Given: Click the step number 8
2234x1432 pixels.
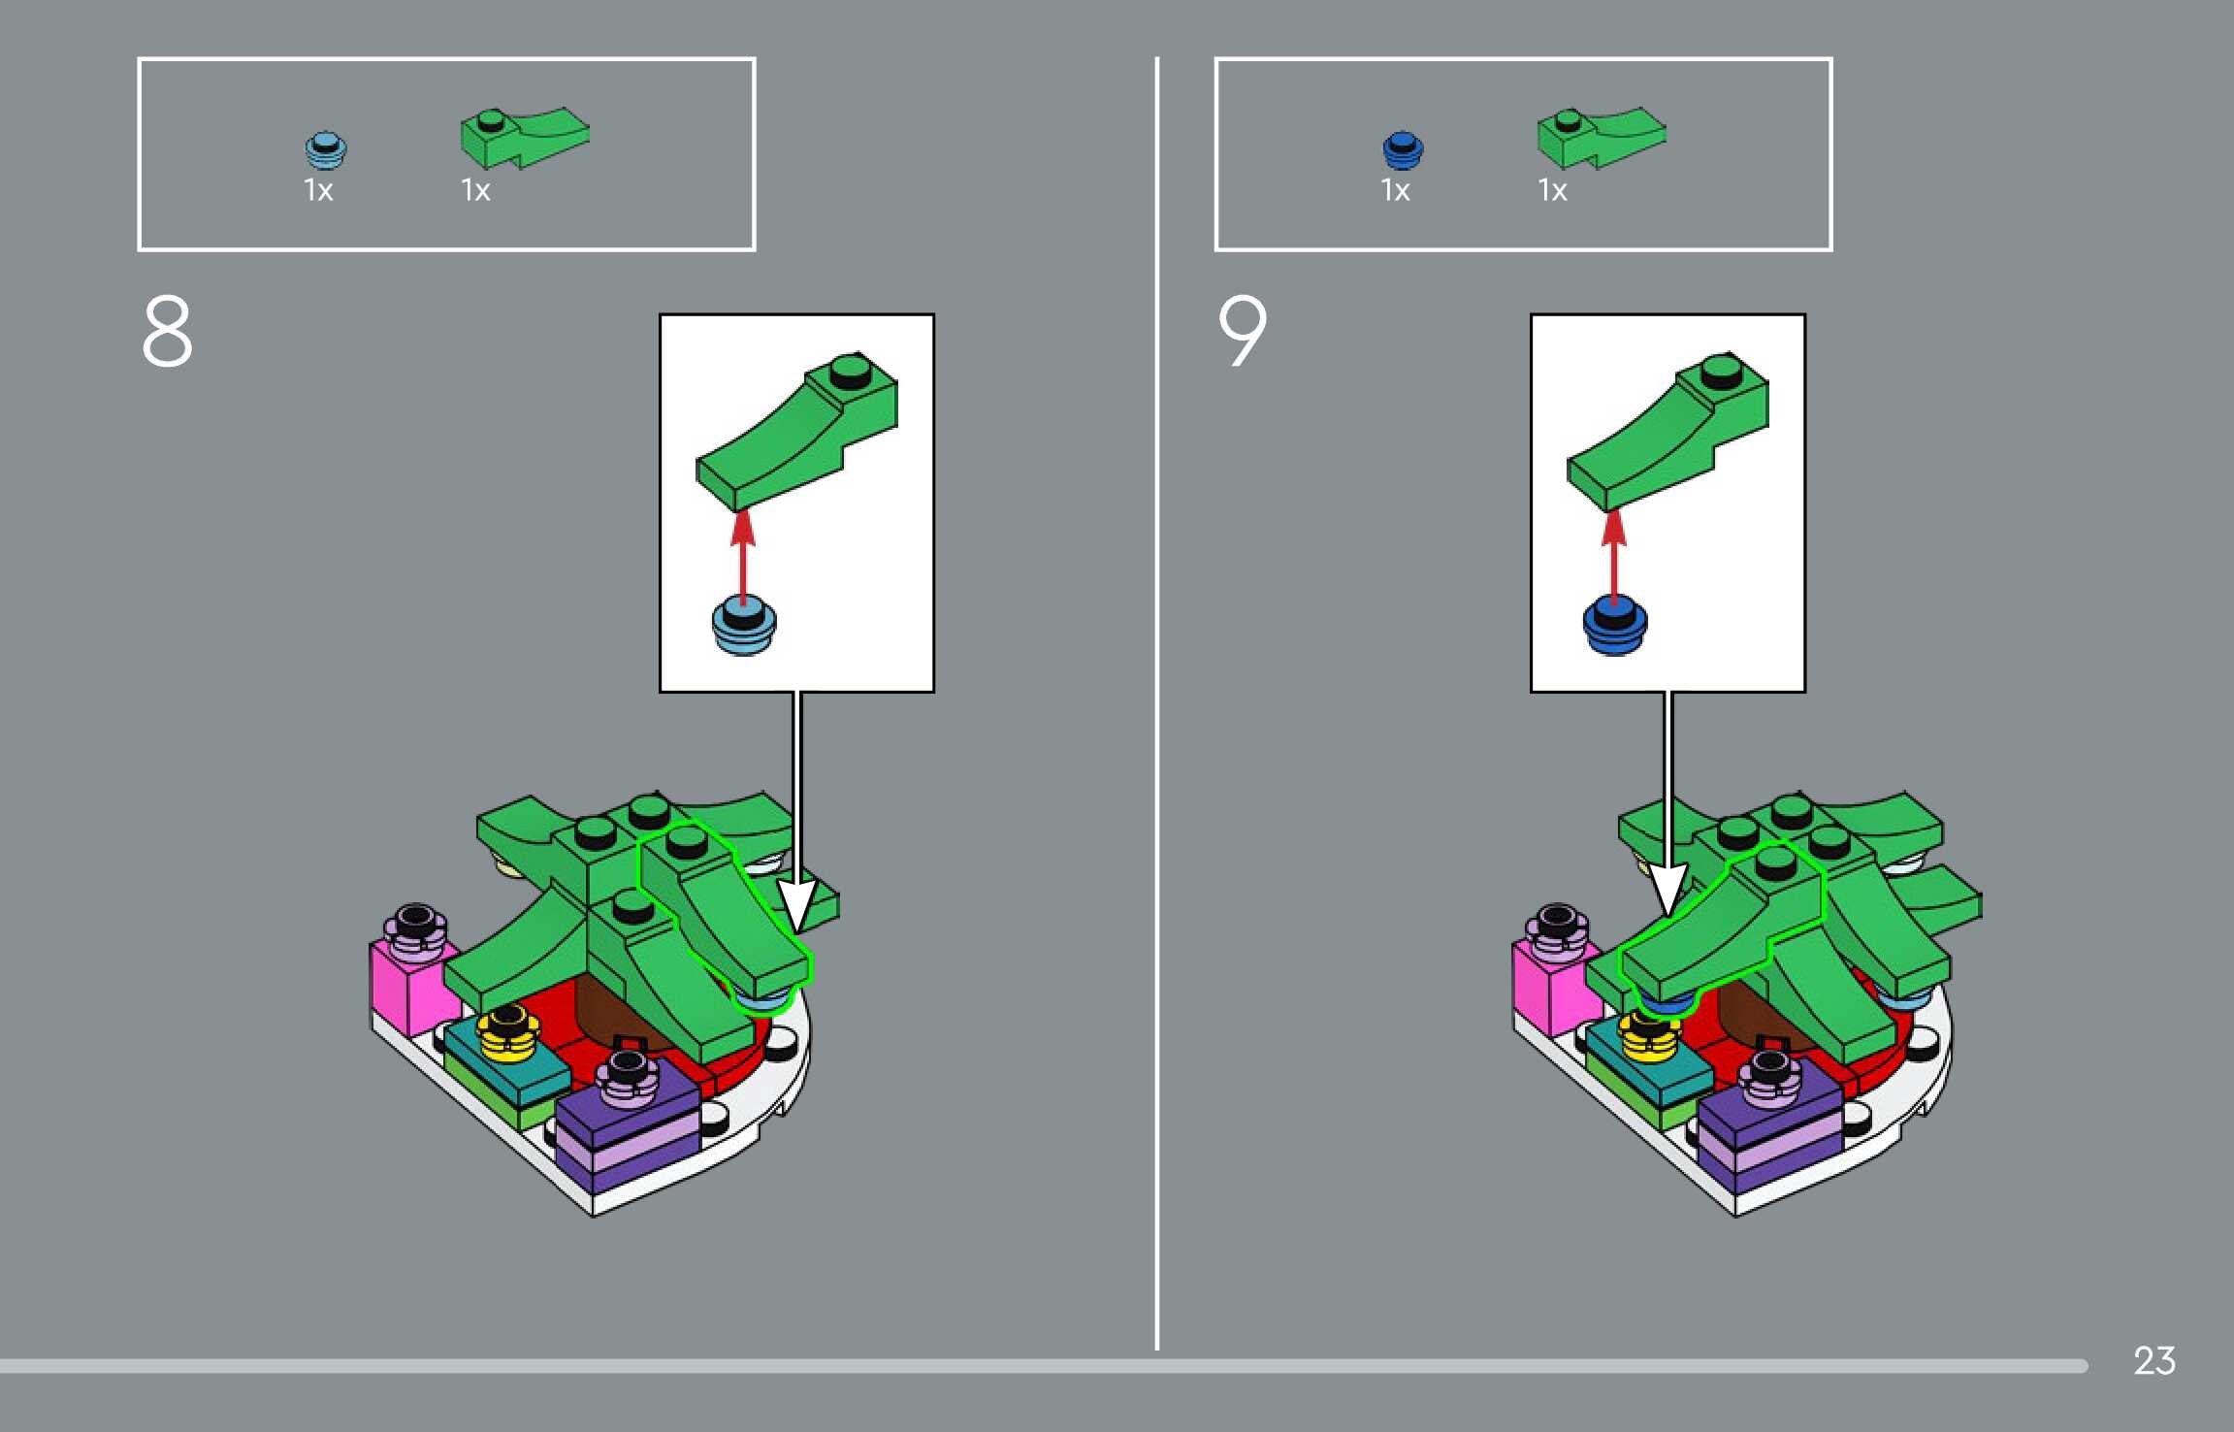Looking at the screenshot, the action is pyautogui.click(x=167, y=331).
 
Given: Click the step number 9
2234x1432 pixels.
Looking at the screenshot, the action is pyautogui.click(x=1243, y=331).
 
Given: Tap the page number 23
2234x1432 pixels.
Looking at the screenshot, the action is pyautogui.click(x=2153, y=1360).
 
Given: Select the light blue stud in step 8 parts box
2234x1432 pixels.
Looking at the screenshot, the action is pyautogui.click(x=326, y=150).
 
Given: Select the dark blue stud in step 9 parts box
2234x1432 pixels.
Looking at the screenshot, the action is pyautogui.click(x=1403, y=150).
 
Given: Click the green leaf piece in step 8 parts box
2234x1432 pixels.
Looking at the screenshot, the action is pyautogui.click(x=524, y=138).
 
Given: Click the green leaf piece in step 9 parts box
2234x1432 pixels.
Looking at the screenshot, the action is pyautogui.click(x=1601, y=138).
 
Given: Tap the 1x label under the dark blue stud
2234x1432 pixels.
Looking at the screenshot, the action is pyautogui.click(x=1395, y=190).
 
